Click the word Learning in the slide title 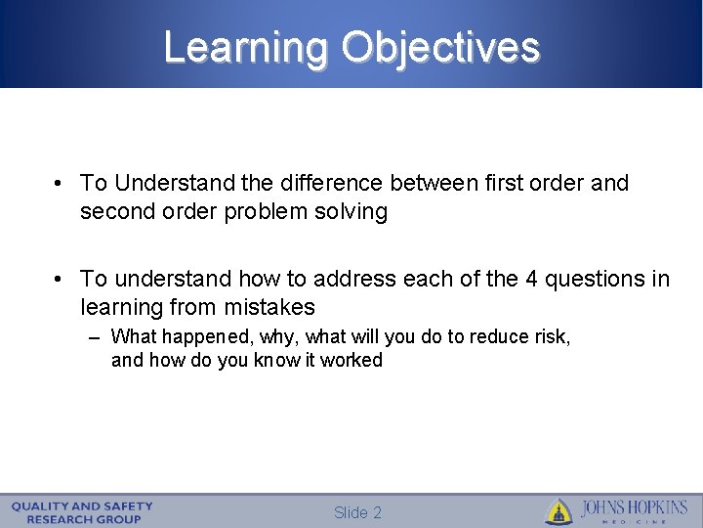[247, 47]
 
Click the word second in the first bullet [115, 211]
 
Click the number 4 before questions [531, 279]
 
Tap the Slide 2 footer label [357, 512]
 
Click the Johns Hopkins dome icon [558, 511]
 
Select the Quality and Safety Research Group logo [83, 511]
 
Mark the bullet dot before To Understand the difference [61, 184]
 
